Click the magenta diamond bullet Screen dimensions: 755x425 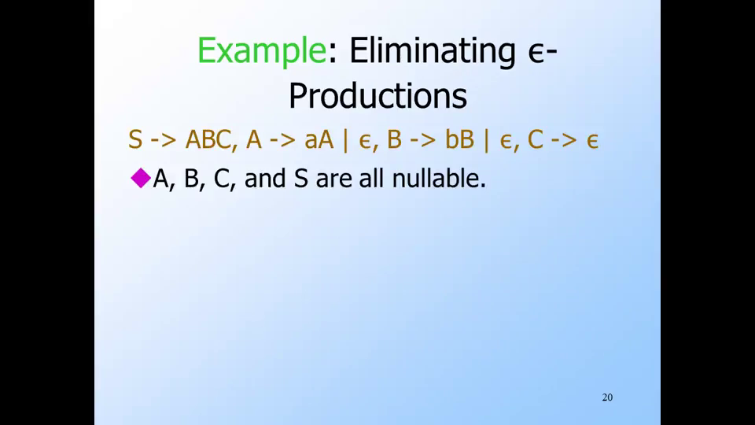pyautogui.click(x=141, y=178)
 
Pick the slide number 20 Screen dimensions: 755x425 pyautogui.click(x=607, y=397)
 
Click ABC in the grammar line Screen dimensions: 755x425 pyautogui.click(x=208, y=140)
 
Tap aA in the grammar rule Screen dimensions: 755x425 pyautogui.click(x=319, y=140)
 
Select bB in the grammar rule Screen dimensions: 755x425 pyautogui.click(x=459, y=140)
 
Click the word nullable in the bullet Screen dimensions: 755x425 pyautogui.click(x=439, y=179)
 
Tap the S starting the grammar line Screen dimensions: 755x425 pyautogui.click(x=135, y=140)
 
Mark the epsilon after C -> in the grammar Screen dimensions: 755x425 pyautogui.click(x=592, y=141)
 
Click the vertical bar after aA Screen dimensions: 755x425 pyautogui.click(x=345, y=141)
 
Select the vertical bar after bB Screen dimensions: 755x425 pyautogui.click(x=486, y=141)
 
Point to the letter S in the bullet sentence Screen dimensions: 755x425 pyautogui.click(x=301, y=179)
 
